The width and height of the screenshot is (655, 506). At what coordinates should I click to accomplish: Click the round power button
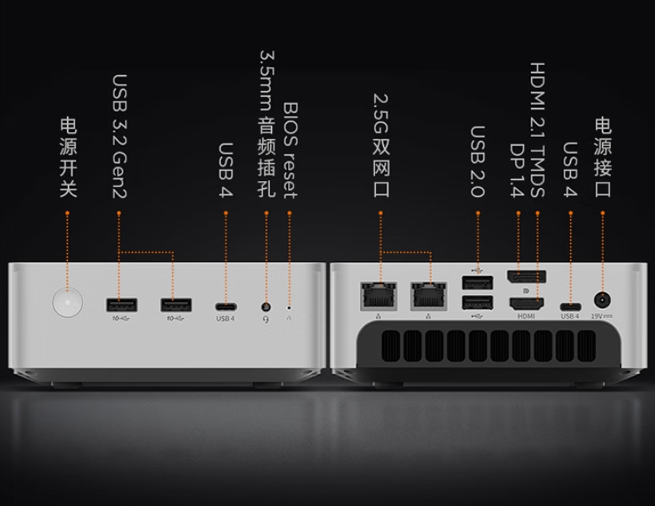pyautogui.click(x=68, y=302)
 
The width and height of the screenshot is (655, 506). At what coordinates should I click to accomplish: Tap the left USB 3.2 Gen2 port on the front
pyautogui.click(x=122, y=305)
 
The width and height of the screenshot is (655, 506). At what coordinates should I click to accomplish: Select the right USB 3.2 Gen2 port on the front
pyautogui.click(x=176, y=305)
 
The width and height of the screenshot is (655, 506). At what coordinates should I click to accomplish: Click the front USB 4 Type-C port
pyautogui.click(x=226, y=307)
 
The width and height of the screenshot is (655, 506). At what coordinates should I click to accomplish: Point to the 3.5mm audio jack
pyautogui.click(x=266, y=307)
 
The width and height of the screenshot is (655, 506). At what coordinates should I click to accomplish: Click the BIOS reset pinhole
pyautogui.click(x=289, y=307)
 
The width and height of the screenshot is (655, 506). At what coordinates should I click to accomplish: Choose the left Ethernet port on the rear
pyautogui.click(x=378, y=296)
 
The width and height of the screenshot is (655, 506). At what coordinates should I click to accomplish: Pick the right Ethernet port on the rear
pyautogui.click(x=429, y=296)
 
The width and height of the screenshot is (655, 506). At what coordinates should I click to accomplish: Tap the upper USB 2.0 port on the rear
pyautogui.click(x=477, y=283)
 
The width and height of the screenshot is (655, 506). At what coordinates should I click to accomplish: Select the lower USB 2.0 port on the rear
pyautogui.click(x=477, y=303)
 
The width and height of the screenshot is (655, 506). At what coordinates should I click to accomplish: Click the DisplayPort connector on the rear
pyautogui.click(x=527, y=277)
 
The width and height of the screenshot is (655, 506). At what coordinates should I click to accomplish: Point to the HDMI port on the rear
pyautogui.click(x=526, y=303)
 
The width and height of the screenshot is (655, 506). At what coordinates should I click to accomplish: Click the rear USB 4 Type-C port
pyautogui.click(x=570, y=307)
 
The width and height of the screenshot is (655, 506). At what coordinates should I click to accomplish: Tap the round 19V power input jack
pyautogui.click(x=602, y=300)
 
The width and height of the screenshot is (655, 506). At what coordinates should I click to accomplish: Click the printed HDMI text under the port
pyautogui.click(x=526, y=316)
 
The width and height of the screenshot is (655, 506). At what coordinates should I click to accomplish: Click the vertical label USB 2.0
pyautogui.click(x=478, y=162)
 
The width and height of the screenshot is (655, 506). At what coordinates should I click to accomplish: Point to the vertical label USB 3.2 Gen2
pyautogui.click(x=120, y=136)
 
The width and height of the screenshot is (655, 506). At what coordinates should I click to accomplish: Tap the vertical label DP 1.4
pyautogui.click(x=517, y=171)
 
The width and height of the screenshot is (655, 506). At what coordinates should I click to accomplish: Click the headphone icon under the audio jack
pyautogui.click(x=266, y=319)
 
